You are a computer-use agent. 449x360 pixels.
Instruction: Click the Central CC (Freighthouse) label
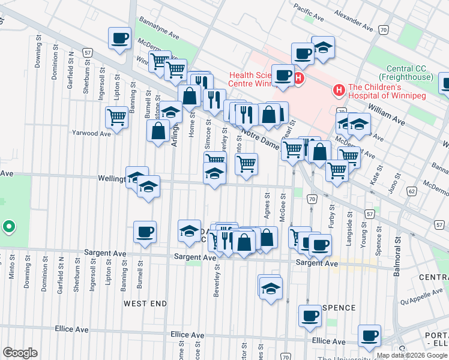pyautogui.click(x=409, y=73)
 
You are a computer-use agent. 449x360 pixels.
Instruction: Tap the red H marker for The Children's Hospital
pyautogui.click(x=339, y=91)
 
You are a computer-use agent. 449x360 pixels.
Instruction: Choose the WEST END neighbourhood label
pyautogui.click(x=145, y=304)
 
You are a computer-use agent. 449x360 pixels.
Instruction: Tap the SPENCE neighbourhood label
pyautogui.click(x=339, y=308)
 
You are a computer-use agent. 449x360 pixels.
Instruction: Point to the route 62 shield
pyautogui.click(x=411, y=191)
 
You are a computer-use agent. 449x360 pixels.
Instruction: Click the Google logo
pyautogui.click(x=20, y=353)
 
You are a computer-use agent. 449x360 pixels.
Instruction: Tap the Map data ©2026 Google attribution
pyautogui.click(x=412, y=355)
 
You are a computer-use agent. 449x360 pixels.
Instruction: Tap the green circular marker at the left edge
pyautogui.click(x=8, y=227)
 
